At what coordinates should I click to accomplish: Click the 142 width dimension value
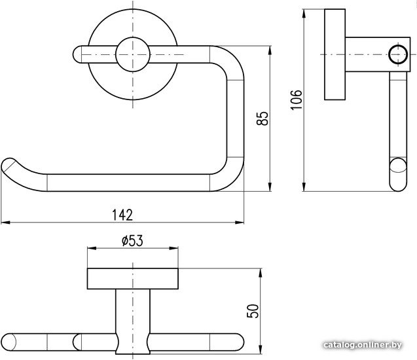click(122, 215)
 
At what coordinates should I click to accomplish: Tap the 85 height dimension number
click(263, 118)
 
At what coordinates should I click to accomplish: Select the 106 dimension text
click(297, 99)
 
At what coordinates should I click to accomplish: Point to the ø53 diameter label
click(132, 241)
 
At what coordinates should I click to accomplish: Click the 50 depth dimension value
click(253, 311)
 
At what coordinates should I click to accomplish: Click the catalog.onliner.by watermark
click(363, 345)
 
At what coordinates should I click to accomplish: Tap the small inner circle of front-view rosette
click(133, 54)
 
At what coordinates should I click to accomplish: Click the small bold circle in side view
click(398, 54)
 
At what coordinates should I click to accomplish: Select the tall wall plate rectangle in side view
click(335, 54)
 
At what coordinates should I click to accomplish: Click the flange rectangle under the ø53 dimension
click(133, 279)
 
